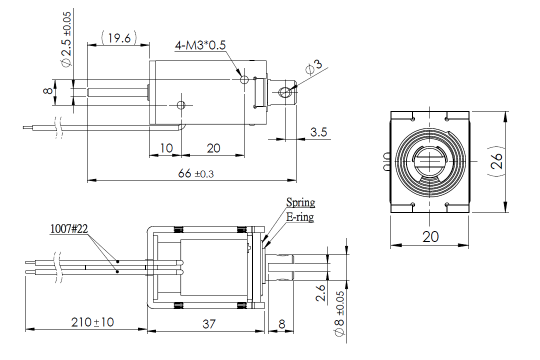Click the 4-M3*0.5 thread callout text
pyautogui.click(x=200, y=45)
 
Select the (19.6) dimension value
pyautogui.click(x=119, y=38)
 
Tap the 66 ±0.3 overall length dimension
pyautogui.click(x=195, y=173)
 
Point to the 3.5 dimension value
pyautogui.click(x=318, y=132)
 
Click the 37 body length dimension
pyautogui.click(x=209, y=324)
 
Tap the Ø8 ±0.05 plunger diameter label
pyautogui.click(x=339, y=315)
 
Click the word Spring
pyautogui.click(x=300, y=202)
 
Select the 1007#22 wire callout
pyautogui.click(x=69, y=229)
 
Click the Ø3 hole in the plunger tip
pyautogui.click(x=285, y=92)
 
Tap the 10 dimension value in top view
pyautogui.click(x=166, y=148)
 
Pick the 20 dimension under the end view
pyautogui.click(x=430, y=236)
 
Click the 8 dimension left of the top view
pyautogui.click(x=47, y=91)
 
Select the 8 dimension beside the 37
pyautogui.click(x=281, y=324)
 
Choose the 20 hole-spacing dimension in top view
pyautogui.click(x=213, y=148)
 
